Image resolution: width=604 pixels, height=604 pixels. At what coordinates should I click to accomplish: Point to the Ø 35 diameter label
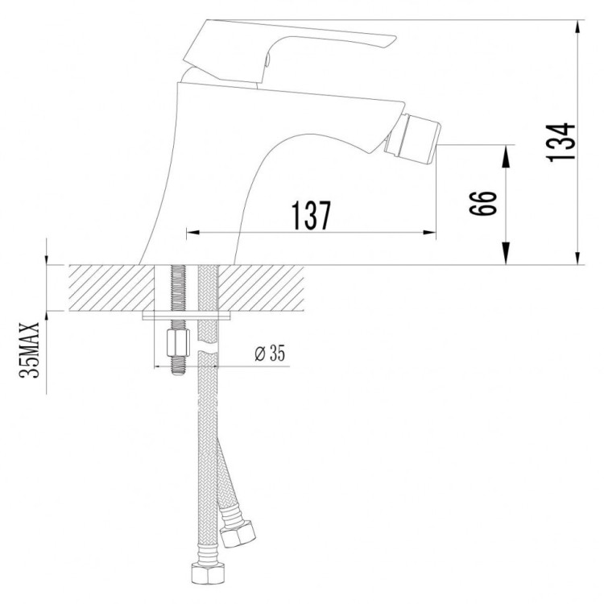(x=268, y=353)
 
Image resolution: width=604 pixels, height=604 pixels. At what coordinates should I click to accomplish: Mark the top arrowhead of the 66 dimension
(x=507, y=151)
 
